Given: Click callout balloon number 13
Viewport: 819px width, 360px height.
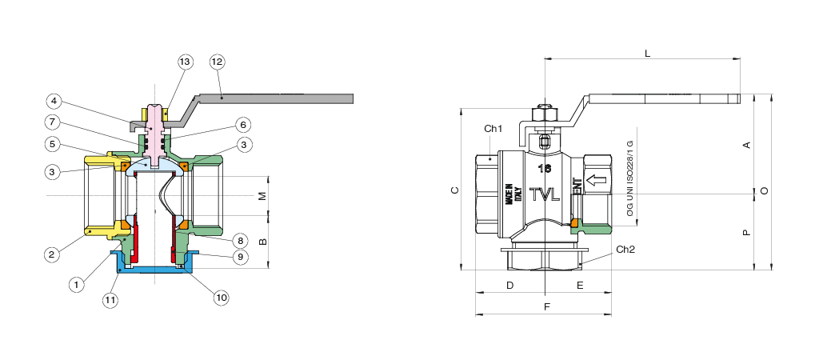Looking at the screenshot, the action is [x=185, y=62].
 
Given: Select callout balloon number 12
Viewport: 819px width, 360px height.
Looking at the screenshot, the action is [x=218, y=62].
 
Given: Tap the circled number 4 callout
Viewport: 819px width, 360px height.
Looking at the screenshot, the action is [x=54, y=101].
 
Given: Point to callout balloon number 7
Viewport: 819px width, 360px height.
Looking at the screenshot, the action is [x=52, y=122].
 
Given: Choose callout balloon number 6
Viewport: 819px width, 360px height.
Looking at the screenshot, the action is [x=242, y=125].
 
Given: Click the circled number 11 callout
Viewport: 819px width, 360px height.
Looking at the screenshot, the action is [x=110, y=300].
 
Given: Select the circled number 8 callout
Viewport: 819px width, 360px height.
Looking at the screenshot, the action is [x=240, y=240].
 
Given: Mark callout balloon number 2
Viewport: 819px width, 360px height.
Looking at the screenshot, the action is [x=52, y=254].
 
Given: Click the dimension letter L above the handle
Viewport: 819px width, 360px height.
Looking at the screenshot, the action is [x=648, y=53].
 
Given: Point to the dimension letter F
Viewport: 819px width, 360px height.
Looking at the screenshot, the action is [x=547, y=306].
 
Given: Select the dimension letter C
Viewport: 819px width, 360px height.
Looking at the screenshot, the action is [x=455, y=190].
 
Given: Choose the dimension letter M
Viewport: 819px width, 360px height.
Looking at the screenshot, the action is [x=263, y=196].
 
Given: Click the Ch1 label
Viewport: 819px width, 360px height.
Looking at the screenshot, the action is [x=493, y=129].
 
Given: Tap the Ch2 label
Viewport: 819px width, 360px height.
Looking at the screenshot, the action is [x=625, y=250].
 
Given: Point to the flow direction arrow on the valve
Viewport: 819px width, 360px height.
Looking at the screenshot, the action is [x=596, y=180].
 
